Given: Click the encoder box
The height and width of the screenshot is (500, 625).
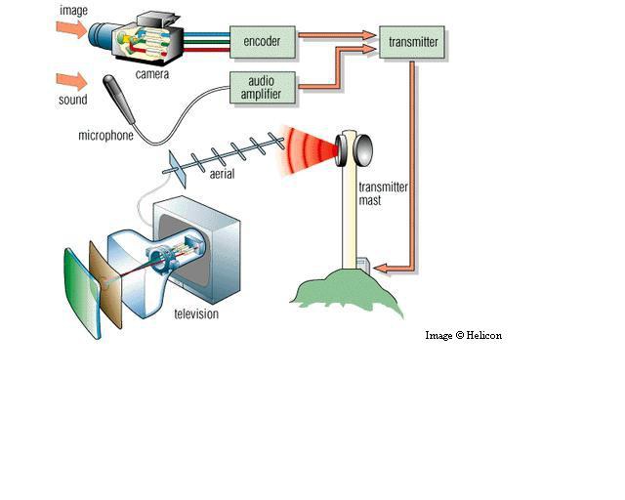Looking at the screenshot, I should point(261,42).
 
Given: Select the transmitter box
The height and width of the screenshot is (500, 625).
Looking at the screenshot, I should point(413,42).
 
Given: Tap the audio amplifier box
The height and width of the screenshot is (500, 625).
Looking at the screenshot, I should point(261,86).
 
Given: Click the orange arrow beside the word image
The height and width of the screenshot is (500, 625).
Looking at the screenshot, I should point(71,30).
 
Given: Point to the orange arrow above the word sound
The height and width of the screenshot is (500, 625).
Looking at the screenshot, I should point(71,79).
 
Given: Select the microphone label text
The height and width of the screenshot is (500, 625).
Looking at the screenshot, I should point(105,136).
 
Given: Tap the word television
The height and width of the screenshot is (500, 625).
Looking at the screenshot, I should point(196,314).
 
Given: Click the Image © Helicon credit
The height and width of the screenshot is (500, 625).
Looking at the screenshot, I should point(463,335).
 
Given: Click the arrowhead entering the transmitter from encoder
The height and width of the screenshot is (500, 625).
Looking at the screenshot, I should point(370,35).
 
